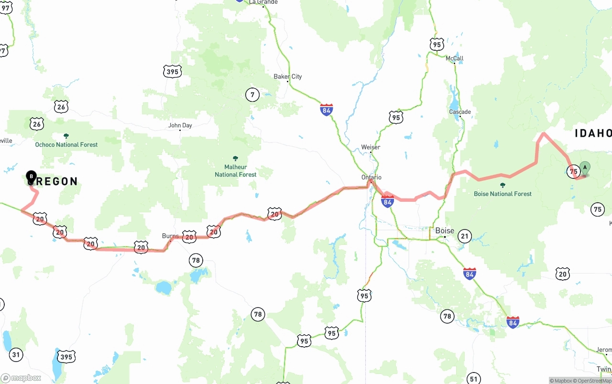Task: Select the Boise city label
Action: point(445,230)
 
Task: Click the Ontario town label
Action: point(372,177)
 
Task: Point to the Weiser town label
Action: point(371,147)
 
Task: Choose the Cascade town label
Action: point(460,112)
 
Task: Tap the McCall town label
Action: point(454,58)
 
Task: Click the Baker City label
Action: point(287,77)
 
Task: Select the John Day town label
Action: point(180,125)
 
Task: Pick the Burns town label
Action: point(170,236)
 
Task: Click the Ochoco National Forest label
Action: point(66,144)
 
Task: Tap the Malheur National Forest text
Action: point(235,171)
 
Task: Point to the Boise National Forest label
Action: point(503,194)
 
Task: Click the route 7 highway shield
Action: point(252,95)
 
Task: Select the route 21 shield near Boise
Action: point(464,236)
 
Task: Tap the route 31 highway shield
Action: point(16,354)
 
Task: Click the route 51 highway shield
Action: point(473,378)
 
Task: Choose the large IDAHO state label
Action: point(593,133)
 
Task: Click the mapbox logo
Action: point(21,378)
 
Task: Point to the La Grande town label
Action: point(263,2)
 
